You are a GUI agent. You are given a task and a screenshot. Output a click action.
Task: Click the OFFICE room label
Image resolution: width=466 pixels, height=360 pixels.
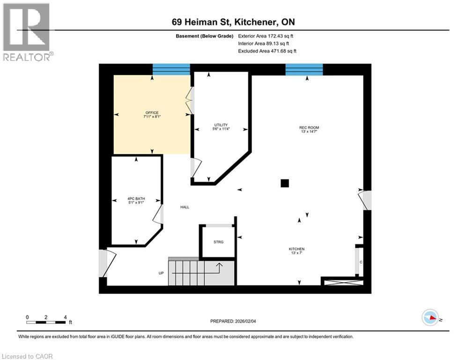click(x=152, y=113)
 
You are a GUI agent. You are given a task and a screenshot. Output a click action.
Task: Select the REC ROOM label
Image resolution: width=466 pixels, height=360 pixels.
click(x=309, y=127)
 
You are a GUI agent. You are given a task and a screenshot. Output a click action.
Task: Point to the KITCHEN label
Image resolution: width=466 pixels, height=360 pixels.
click(x=296, y=249)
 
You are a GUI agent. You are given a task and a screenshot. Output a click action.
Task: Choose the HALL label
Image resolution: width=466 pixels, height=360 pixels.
click(x=185, y=207)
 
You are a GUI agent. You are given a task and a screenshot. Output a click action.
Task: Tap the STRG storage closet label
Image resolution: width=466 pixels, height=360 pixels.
click(x=218, y=242)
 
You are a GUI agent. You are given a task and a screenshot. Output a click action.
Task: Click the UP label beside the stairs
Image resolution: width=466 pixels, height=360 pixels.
click(x=161, y=272)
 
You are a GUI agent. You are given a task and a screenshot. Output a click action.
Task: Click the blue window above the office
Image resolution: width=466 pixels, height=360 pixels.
click(x=171, y=69)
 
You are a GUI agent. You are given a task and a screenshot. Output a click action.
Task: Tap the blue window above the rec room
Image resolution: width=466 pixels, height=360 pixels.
click(x=304, y=69)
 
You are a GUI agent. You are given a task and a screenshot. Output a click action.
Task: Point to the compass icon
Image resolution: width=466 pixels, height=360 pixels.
click(x=430, y=317)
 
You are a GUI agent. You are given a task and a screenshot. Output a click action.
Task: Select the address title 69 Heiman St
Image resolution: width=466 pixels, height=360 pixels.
click(x=233, y=22)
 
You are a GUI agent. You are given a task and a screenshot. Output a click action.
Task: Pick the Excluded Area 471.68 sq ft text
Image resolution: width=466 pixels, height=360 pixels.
click(x=267, y=51)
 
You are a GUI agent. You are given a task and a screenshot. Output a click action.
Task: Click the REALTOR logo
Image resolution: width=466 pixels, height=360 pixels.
click(x=27, y=32)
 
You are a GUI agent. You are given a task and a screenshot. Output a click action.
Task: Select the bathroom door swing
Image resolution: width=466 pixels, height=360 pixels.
click(x=158, y=214)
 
